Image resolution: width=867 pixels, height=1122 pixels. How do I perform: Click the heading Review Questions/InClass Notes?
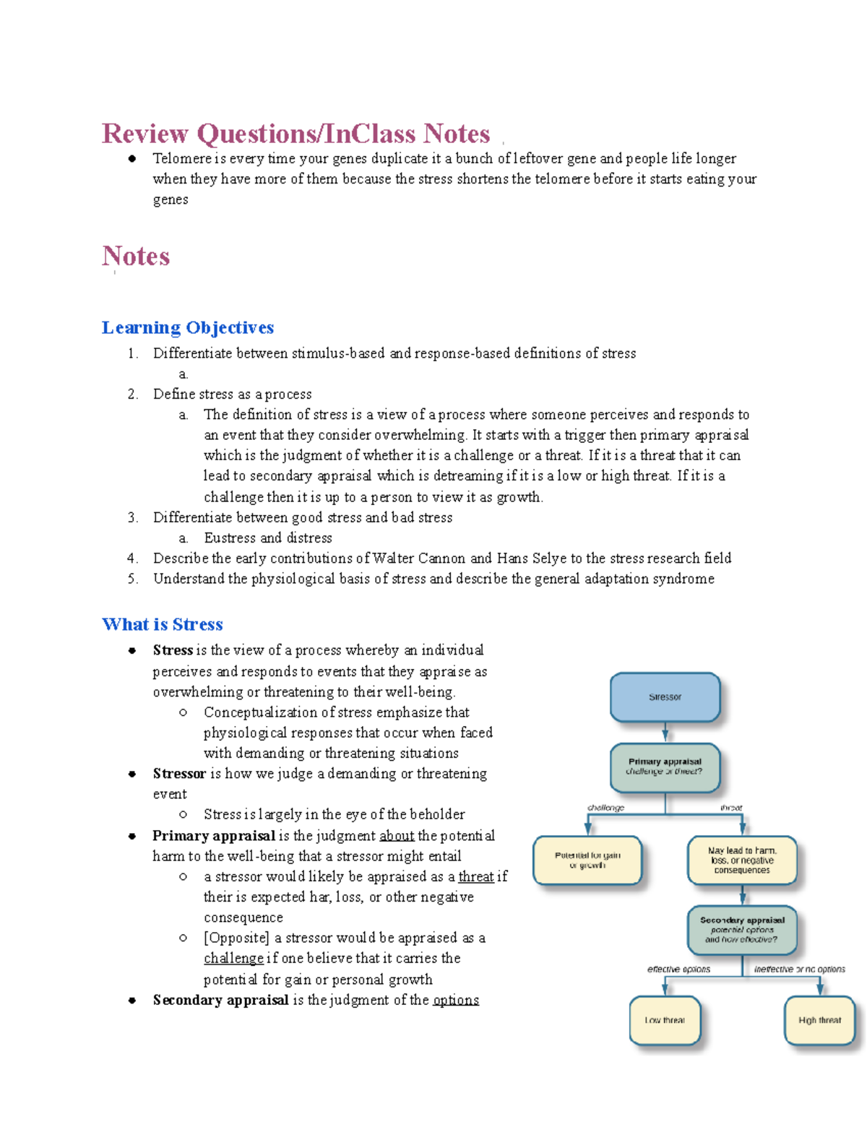point(296,134)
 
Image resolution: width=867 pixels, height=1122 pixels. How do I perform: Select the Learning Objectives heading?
point(188,328)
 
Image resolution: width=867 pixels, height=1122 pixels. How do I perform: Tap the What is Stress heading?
point(163,624)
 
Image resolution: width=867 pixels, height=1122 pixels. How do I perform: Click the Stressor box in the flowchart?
point(665,697)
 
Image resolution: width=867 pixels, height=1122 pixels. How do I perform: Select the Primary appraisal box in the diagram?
point(665,767)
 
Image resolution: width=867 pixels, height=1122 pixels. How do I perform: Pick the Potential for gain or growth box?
point(587,860)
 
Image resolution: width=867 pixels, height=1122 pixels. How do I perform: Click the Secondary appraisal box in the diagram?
point(742,930)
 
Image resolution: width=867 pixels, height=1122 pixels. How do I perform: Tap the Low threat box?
point(665,1020)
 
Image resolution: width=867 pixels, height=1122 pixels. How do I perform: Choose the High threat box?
point(819,1020)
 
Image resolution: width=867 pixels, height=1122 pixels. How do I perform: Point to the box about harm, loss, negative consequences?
point(742,860)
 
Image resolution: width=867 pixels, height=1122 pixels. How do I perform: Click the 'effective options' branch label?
point(678,969)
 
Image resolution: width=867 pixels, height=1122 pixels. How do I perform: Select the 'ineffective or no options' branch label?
point(799,969)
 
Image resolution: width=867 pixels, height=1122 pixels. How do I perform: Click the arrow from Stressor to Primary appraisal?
point(665,732)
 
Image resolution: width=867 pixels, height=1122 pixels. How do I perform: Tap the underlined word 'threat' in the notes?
point(476,876)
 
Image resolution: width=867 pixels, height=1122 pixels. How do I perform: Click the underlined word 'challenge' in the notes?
point(233,958)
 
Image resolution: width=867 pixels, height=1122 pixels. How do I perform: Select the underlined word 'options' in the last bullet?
point(456,1000)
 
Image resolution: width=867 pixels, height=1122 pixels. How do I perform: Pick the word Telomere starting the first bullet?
point(181,158)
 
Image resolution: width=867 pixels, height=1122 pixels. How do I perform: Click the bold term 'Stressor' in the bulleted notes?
point(179,773)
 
